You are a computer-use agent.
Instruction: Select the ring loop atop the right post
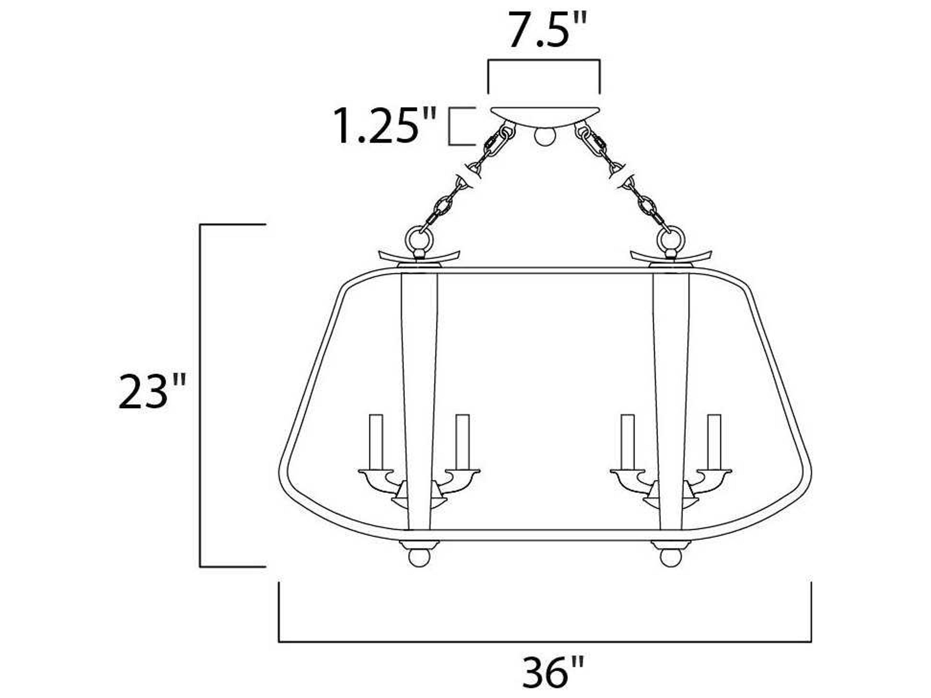pyautogui.click(x=671, y=240)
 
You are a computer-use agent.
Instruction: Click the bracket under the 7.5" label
pyautogui.click(x=544, y=61)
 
